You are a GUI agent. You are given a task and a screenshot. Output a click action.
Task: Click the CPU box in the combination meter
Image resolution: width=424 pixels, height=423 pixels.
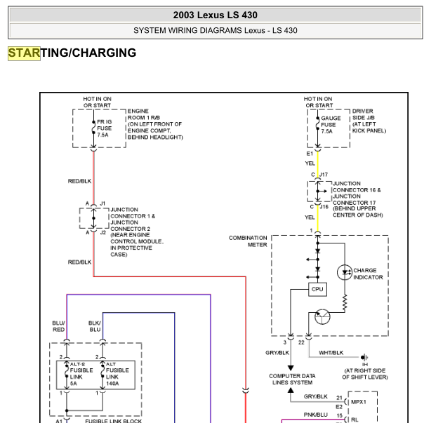tap(317, 289)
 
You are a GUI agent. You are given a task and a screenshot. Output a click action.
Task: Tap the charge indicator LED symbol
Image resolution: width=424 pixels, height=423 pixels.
tap(345, 272)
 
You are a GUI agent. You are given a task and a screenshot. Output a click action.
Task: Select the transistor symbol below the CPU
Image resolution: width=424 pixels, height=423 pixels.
tap(322, 316)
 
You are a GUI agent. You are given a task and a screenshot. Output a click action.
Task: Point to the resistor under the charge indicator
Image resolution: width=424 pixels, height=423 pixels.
tap(345, 303)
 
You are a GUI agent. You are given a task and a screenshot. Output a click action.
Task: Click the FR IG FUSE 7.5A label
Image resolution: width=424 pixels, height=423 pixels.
tap(104, 128)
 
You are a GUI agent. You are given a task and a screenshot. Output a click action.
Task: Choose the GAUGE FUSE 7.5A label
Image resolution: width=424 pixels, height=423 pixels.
tap(331, 125)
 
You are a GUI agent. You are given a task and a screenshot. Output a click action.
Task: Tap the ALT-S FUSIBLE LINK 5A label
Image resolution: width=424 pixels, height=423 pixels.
tap(81, 374)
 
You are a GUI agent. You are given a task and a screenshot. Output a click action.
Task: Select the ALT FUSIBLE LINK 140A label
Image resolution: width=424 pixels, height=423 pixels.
tap(117, 374)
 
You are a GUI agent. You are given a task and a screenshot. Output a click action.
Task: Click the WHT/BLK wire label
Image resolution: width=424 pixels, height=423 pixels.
tap(331, 353)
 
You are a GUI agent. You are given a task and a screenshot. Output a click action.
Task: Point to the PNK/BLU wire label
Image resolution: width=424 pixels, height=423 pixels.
tap(316, 415)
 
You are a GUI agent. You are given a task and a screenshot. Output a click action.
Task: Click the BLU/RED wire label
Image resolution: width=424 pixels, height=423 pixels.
tap(58, 326)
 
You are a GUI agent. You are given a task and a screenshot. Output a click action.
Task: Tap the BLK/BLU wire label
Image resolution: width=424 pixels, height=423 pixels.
tap(95, 326)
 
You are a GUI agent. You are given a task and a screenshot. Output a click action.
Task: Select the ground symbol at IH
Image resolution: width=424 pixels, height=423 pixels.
tap(364, 357)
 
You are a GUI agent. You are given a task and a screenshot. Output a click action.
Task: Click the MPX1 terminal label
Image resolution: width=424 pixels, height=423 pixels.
tap(358, 402)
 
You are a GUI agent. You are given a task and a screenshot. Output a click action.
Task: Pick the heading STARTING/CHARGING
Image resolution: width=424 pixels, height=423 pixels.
tap(72, 53)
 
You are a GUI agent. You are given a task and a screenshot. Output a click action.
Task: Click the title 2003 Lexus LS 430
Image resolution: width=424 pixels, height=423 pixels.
tap(216, 15)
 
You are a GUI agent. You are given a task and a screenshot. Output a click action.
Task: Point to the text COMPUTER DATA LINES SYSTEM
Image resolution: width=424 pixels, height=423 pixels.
tap(292, 380)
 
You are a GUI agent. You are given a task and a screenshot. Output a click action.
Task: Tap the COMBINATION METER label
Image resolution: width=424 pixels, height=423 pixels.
tap(248, 241)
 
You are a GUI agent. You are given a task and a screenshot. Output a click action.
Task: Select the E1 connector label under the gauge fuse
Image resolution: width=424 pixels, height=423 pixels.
tap(310, 154)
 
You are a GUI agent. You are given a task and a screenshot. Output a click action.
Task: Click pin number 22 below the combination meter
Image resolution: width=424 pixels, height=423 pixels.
tap(301, 342)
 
